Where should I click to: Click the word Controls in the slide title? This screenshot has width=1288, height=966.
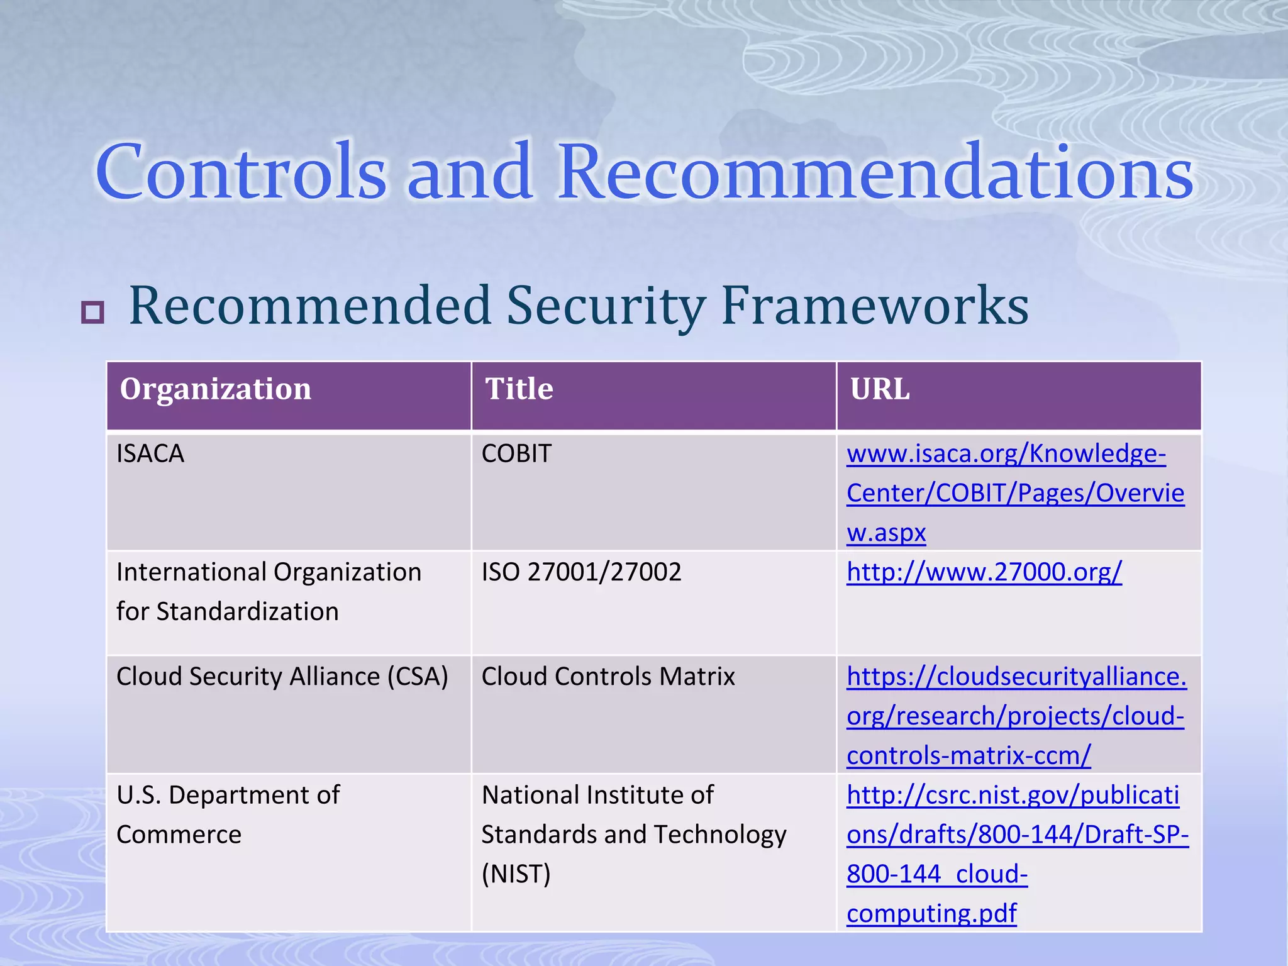(x=240, y=172)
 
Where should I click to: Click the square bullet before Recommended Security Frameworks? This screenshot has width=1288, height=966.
(x=92, y=312)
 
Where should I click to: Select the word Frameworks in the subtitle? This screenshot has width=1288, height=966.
(x=874, y=306)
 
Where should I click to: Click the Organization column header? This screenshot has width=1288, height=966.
(x=215, y=389)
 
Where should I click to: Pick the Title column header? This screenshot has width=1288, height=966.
(x=519, y=389)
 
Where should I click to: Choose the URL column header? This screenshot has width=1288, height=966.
(x=879, y=389)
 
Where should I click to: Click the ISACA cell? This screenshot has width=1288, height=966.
(x=150, y=453)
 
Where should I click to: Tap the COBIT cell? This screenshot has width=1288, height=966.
(x=516, y=453)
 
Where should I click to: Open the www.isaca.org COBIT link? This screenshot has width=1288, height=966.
(x=1014, y=493)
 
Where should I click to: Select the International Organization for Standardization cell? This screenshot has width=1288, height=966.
(x=269, y=591)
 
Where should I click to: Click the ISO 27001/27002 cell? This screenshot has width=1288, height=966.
(x=581, y=572)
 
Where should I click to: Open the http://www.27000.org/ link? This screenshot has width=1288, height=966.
(x=984, y=572)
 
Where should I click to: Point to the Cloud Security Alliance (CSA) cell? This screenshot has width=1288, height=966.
(x=282, y=677)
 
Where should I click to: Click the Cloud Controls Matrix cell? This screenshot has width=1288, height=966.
(x=608, y=677)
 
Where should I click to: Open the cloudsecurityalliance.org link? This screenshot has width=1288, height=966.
(x=1015, y=716)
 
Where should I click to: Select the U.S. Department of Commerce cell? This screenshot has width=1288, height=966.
(x=228, y=814)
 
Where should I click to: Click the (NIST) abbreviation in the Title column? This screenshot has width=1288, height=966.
(x=516, y=874)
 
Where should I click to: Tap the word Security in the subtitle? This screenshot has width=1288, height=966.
(x=605, y=306)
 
